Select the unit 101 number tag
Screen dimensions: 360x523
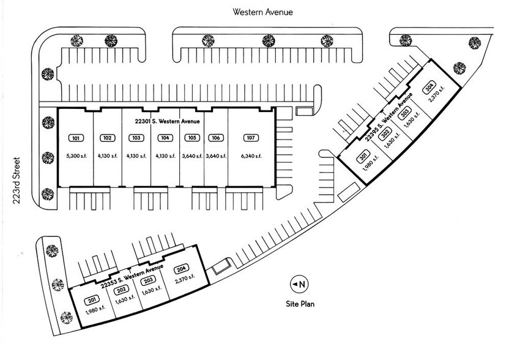[x=76, y=138]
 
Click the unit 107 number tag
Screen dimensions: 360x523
[x=248, y=138]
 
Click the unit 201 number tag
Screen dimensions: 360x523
[x=93, y=299]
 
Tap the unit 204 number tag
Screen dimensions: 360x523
[x=180, y=269]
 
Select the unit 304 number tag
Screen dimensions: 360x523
[x=430, y=86]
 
